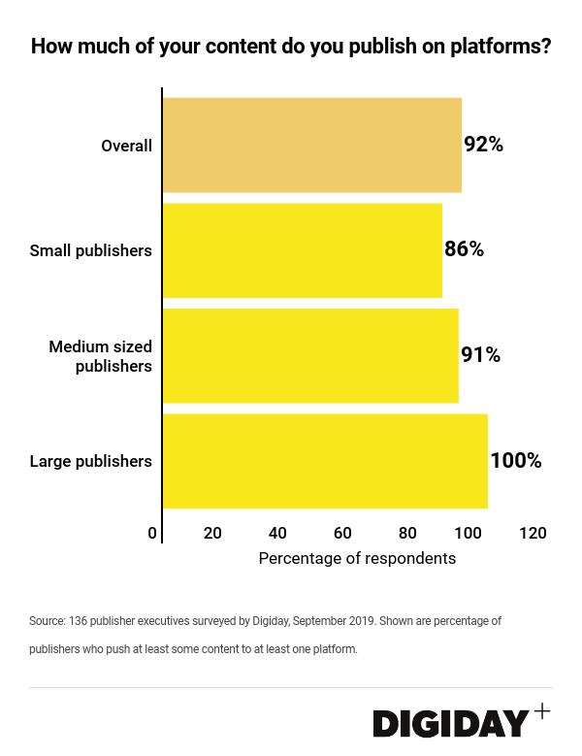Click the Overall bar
pos(311,145)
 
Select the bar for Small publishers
pos(302,250)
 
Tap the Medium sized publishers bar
pos(310,355)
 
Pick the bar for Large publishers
pos(325,461)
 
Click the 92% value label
pos(483,145)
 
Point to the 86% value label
pos(464,249)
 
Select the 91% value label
pos(480,355)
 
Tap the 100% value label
pos(515,460)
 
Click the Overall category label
pos(127,146)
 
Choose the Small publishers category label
pos(91,250)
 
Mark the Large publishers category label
pos(91,461)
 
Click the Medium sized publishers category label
pos(101,356)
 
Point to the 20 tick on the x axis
pos(212,533)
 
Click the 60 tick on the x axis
pos(342,533)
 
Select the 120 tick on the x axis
pos(533,533)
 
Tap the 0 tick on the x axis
pos(152,533)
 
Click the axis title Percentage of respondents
pos(357,559)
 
